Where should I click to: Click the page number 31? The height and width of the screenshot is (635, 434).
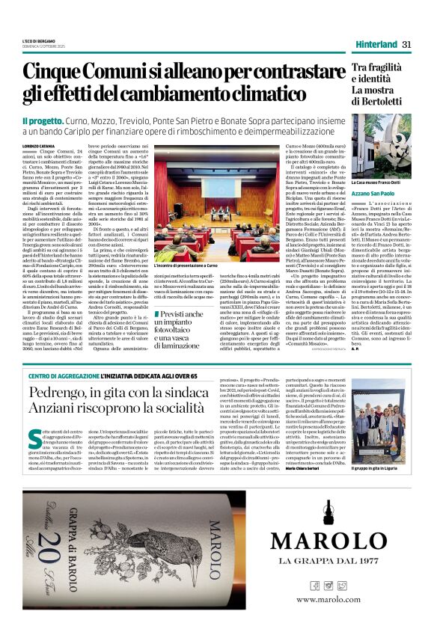coord(407,44)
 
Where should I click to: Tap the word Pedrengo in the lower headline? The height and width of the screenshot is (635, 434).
coord(58,393)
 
